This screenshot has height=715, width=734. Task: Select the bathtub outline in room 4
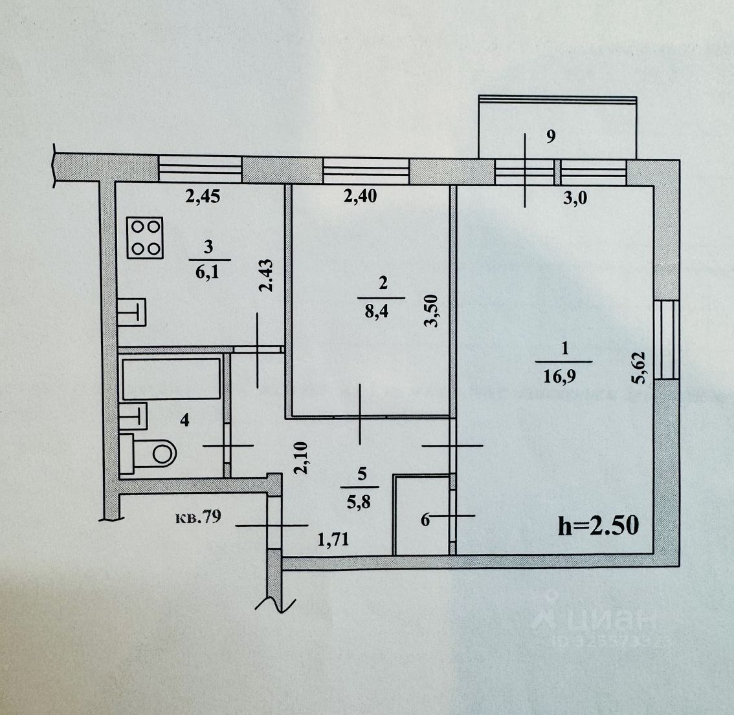point(172,378)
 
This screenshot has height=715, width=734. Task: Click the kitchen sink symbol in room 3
point(133,313)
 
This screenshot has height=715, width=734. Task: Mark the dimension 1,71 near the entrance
point(332,539)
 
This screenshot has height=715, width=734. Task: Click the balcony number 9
point(551,136)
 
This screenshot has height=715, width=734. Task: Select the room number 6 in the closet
point(425,519)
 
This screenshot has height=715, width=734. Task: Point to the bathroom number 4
point(184,421)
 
